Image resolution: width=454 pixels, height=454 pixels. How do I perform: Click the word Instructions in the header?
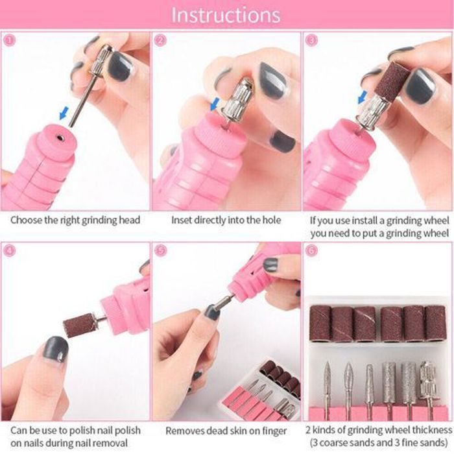click(x=226, y=15)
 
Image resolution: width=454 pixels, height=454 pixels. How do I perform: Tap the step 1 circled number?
click(x=9, y=40)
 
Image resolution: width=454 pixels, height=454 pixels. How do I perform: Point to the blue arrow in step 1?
click(x=64, y=113)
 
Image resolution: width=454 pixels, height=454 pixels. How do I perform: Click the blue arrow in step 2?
click(x=215, y=104)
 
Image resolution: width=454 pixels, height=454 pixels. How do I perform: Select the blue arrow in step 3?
click(x=362, y=97)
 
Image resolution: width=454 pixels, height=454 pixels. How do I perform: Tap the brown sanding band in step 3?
click(x=392, y=82)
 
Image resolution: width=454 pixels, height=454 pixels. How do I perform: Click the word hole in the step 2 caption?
click(x=272, y=220)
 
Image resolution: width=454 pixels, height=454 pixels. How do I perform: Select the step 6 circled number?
click(x=311, y=250)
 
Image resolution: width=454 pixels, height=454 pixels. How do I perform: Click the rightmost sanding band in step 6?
click(x=435, y=323)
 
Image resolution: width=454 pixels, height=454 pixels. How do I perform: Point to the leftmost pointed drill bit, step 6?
click(x=327, y=387)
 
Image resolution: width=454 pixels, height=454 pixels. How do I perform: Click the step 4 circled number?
click(x=9, y=250)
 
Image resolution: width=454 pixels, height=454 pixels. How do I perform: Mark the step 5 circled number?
click(x=161, y=250)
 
